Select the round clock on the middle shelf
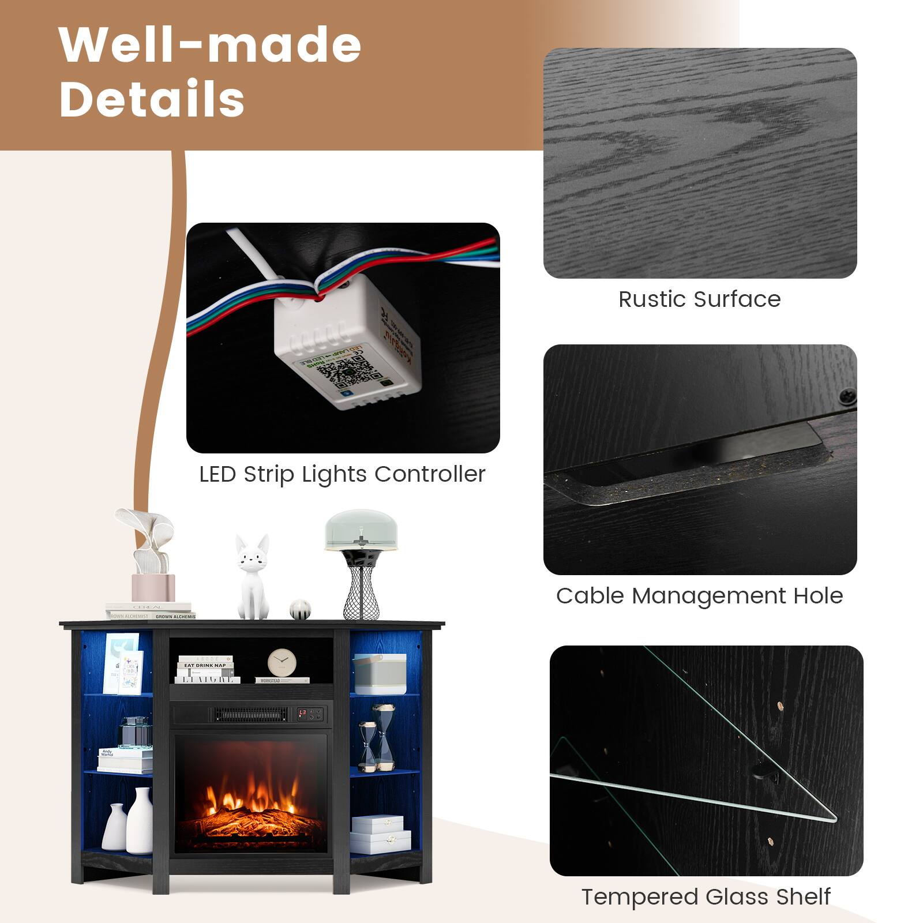(x=282, y=662)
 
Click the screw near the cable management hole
(x=847, y=396)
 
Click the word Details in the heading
(x=152, y=99)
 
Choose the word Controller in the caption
(x=430, y=474)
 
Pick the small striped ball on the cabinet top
(x=300, y=610)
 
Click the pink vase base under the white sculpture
(x=153, y=587)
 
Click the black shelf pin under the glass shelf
(x=765, y=772)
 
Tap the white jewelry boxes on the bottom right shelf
(x=379, y=834)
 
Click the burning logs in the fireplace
(x=254, y=819)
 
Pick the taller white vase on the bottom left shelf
(x=140, y=819)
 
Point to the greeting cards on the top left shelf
(x=123, y=663)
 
